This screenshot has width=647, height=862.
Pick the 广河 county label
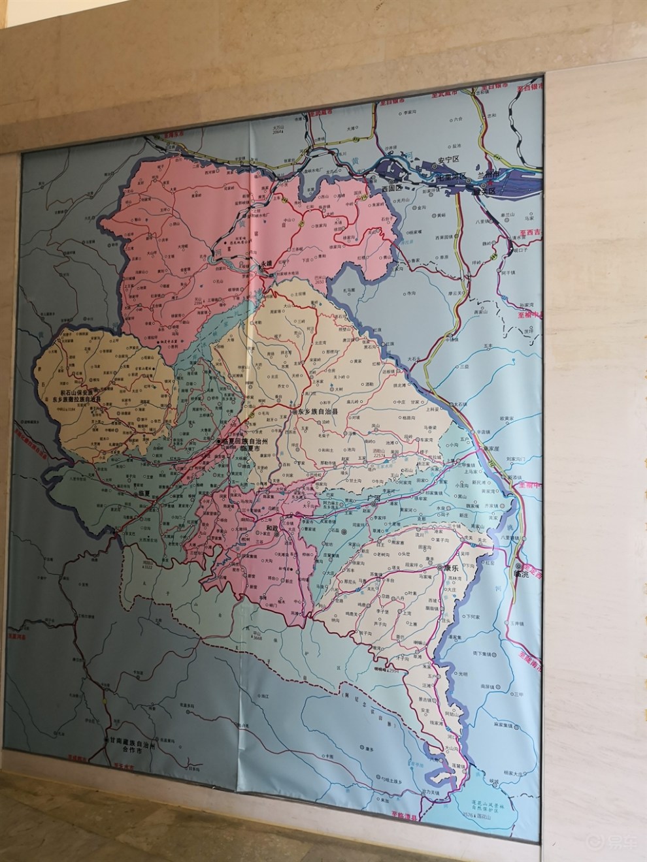374,498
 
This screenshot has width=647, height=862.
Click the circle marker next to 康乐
440,567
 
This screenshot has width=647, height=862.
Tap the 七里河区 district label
451,176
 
